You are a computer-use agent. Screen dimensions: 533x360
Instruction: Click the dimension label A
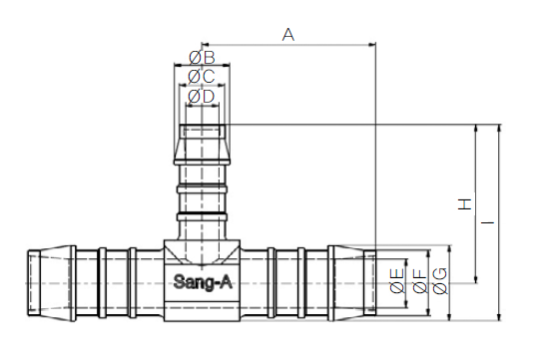287,35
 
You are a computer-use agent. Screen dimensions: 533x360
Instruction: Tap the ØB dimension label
202,58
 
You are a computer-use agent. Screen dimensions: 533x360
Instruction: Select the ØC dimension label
202,77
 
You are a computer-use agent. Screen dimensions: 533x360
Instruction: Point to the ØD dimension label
202,97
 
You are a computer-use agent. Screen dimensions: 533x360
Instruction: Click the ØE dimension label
397,280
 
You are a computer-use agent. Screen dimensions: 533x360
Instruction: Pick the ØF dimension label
420,281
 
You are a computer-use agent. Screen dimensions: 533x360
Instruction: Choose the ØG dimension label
440,281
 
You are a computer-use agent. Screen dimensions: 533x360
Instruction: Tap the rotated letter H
465,204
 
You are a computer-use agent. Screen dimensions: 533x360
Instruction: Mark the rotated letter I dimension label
488,222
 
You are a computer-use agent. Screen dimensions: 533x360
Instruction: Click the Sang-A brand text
203,282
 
